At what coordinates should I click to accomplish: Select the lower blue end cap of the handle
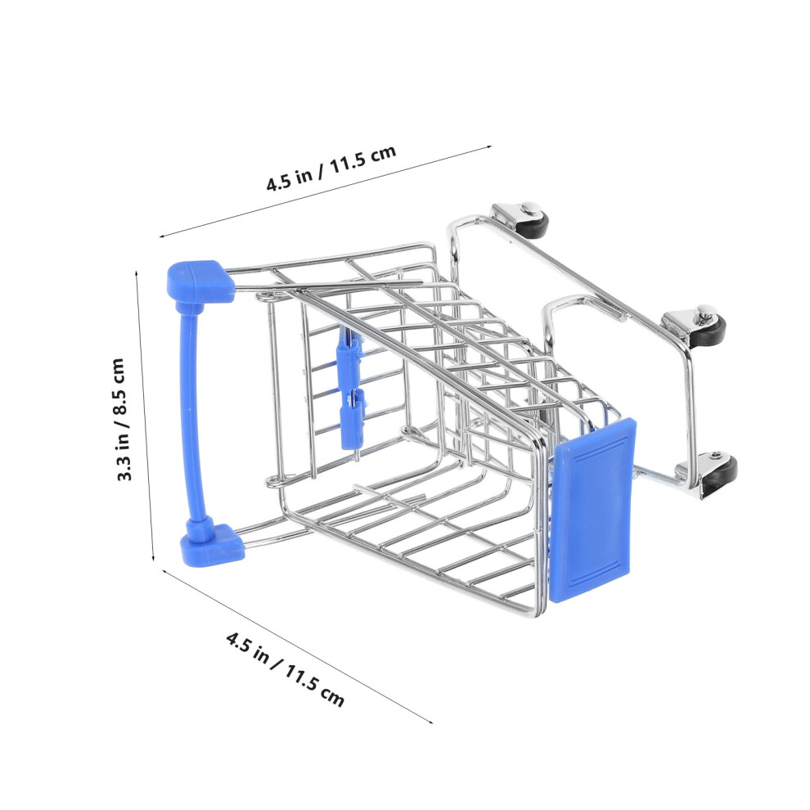(212, 545)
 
